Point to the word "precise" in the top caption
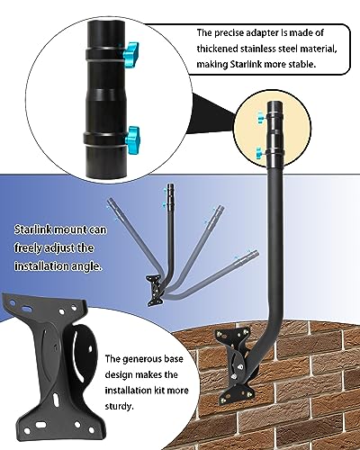229,32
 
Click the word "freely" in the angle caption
28,248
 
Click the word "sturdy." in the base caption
119,407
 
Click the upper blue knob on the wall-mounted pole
260,117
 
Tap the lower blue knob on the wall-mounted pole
259,153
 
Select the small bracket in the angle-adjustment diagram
155,290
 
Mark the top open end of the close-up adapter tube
103,15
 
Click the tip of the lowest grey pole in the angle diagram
255,253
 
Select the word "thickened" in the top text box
215,49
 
